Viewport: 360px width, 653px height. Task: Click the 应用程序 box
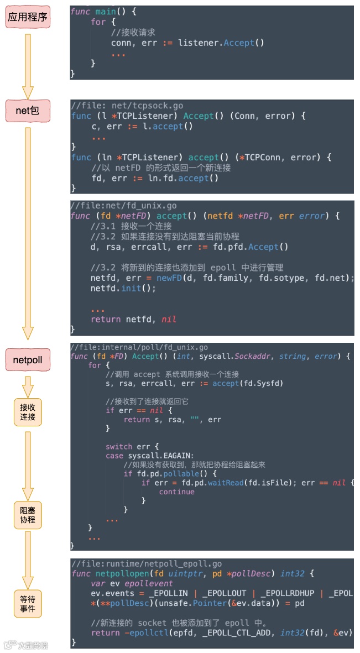(28, 17)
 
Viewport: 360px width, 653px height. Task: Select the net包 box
(28, 111)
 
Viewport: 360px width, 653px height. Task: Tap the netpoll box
(28, 360)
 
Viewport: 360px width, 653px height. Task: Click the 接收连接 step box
(28, 411)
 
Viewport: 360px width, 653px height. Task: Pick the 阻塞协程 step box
(28, 515)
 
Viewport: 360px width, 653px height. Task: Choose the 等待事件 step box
(28, 603)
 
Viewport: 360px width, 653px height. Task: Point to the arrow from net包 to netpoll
(28, 232)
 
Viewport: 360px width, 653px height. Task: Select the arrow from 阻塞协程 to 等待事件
(28, 558)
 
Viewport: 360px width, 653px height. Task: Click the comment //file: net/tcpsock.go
(127, 106)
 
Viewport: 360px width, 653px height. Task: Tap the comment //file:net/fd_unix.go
(124, 206)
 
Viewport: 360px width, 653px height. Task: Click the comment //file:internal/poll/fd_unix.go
(139, 347)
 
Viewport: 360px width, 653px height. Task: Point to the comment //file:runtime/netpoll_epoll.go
(147, 564)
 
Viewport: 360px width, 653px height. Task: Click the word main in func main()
(105, 12)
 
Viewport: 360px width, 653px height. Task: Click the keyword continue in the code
(176, 492)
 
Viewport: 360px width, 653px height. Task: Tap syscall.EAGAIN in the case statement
(154, 456)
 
